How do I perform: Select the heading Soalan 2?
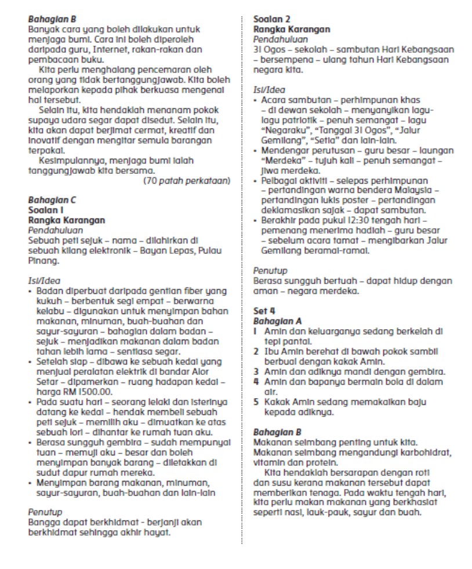[x=271, y=20]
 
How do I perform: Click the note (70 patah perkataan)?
[x=187, y=181]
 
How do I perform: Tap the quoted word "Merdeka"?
[x=275, y=161]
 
